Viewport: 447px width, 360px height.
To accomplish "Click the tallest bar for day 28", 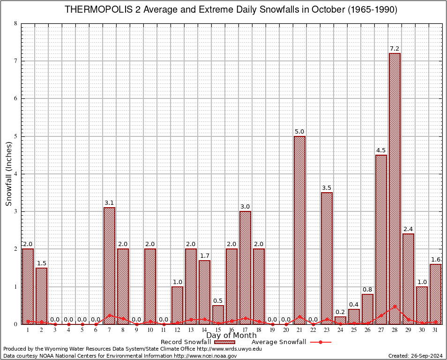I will pyautogui.click(x=395, y=187).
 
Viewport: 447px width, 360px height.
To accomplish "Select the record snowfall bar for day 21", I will pyautogui.click(x=299, y=230).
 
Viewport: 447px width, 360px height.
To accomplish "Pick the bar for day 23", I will pyautogui.click(x=327, y=258).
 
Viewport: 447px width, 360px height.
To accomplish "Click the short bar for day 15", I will pyautogui.click(x=218, y=315).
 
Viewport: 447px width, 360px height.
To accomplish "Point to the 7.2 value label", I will pyautogui.click(x=395, y=49).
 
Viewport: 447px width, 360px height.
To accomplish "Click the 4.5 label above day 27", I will pyautogui.click(x=381, y=150).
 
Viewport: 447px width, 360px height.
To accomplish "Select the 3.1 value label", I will pyautogui.click(x=109, y=203).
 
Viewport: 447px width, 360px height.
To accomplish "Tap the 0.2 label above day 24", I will pyautogui.click(x=340, y=312).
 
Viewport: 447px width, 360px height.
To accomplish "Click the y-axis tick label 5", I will pyautogui.click(x=16, y=136).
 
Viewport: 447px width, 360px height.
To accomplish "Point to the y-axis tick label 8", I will pyautogui.click(x=16, y=23).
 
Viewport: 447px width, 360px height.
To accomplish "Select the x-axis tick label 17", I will pyautogui.click(x=245, y=330).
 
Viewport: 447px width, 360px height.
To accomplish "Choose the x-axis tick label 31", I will pyautogui.click(x=435, y=330).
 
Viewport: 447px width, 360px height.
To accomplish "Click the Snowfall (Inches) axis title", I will pyautogui.click(x=8, y=174).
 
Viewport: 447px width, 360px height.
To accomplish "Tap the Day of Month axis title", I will pyautogui.click(x=231, y=336).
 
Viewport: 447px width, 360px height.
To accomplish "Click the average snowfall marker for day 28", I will pyautogui.click(x=395, y=307).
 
